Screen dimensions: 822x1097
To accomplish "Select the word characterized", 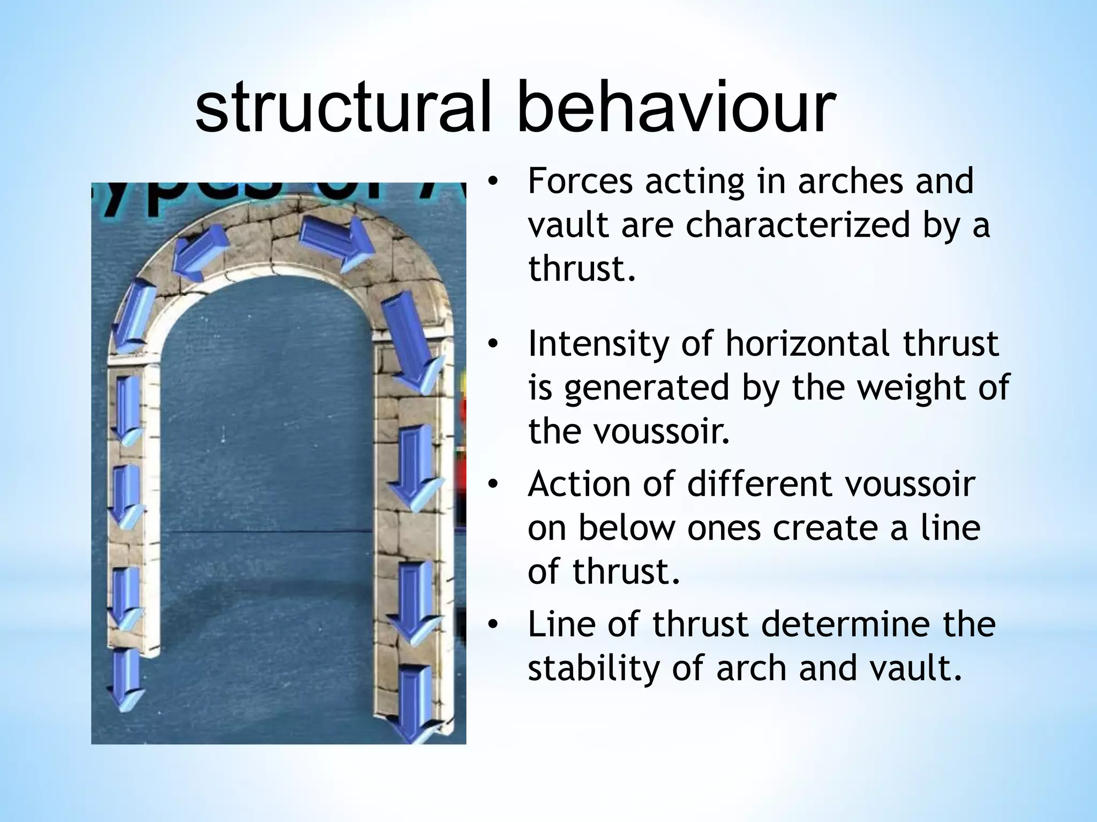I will [798, 225].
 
